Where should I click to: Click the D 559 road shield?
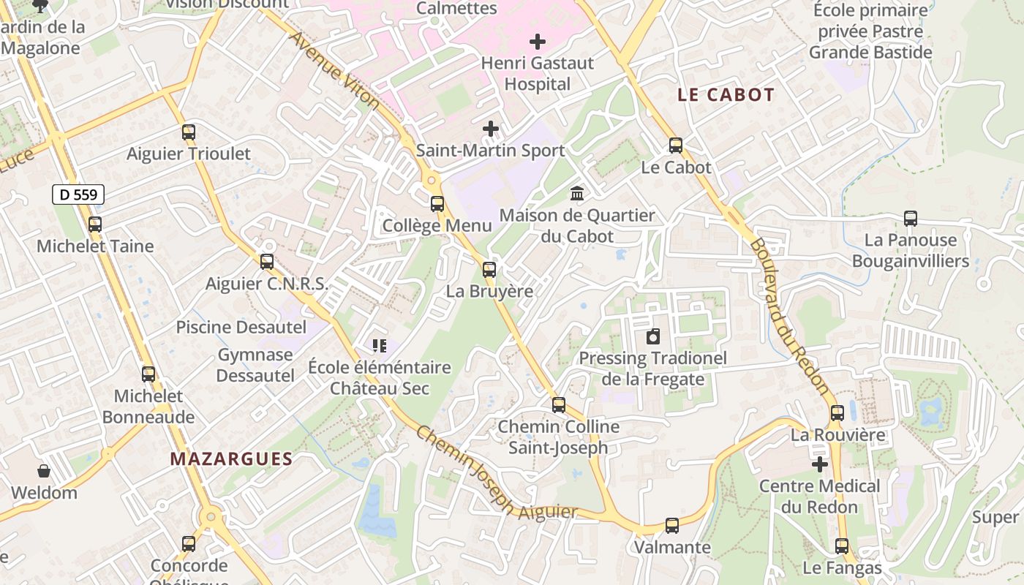[x=78, y=195]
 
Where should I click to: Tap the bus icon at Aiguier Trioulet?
[x=189, y=132]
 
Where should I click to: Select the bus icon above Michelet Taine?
[x=95, y=224]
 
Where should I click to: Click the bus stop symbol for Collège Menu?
[x=437, y=204]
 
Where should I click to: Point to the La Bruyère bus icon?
[x=489, y=269]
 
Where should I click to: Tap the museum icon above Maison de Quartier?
[x=577, y=194]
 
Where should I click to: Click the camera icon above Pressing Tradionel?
[x=653, y=336]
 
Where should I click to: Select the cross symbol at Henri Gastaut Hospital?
[x=538, y=42]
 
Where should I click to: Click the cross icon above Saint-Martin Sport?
[x=491, y=129]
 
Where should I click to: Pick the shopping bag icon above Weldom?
[x=44, y=471]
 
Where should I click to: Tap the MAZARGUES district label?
[x=231, y=459]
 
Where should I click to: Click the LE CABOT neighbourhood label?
[x=726, y=95]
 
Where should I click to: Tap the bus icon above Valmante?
[x=672, y=525]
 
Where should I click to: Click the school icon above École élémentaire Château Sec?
[x=379, y=345]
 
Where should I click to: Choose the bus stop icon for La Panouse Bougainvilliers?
[x=911, y=218]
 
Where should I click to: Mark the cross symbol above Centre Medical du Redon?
[x=820, y=464]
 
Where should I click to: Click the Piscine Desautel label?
[x=241, y=327]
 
